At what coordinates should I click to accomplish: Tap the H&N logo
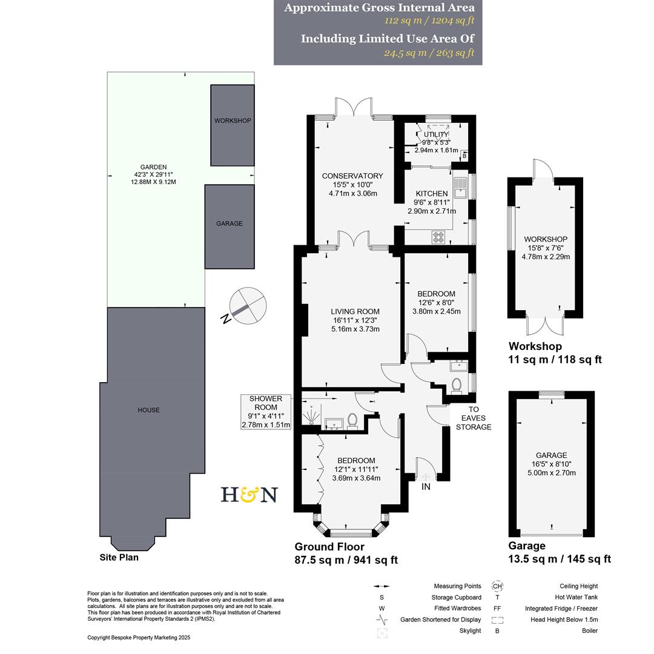pyautogui.click(x=248, y=495)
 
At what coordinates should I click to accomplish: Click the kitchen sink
pyautogui.click(x=458, y=187)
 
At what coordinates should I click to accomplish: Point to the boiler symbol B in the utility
pyautogui.click(x=464, y=156)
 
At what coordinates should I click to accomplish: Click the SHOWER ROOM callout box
pyautogui.click(x=266, y=412)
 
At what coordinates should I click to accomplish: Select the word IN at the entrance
pyautogui.click(x=426, y=486)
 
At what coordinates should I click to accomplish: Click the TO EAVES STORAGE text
pyautogui.click(x=473, y=418)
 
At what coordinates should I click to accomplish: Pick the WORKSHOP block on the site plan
pyautogui.click(x=233, y=125)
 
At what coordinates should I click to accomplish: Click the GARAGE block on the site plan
pyautogui.click(x=230, y=226)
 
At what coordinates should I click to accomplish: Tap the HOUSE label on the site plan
pyautogui.click(x=148, y=410)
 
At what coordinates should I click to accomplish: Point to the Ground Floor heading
pyautogui.click(x=329, y=547)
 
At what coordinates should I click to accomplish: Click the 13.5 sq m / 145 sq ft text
pyautogui.click(x=560, y=559)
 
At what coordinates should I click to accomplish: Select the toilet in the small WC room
pyautogui.click(x=457, y=386)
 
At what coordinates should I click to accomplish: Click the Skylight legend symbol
pyautogui.click(x=381, y=633)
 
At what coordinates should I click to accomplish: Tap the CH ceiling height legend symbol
pyautogui.click(x=498, y=586)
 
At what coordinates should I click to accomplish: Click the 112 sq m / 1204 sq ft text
pyautogui.click(x=429, y=20)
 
